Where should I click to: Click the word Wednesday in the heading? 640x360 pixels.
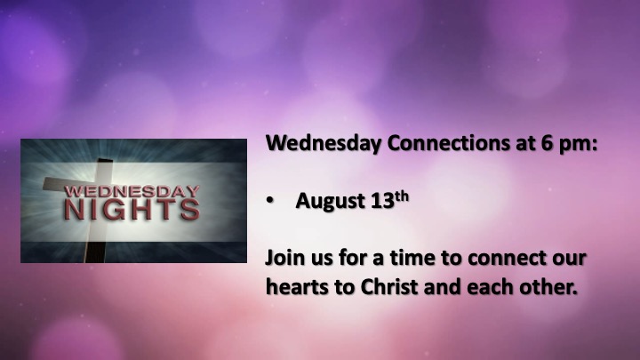click(x=324, y=144)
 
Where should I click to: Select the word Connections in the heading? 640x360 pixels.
click(x=449, y=143)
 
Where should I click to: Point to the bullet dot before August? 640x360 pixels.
click(x=270, y=201)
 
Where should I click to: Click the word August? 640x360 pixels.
click(x=330, y=201)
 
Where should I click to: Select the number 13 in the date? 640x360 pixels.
click(x=382, y=200)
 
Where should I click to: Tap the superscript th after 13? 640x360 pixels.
click(x=402, y=196)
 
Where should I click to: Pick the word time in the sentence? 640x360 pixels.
click(x=410, y=258)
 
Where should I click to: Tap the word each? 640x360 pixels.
click(x=490, y=287)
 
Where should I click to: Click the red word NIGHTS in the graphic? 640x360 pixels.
click(x=132, y=210)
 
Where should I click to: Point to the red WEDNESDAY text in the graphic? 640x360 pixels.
click(x=132, y=191)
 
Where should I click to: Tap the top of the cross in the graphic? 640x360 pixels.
click(x=105, y=160)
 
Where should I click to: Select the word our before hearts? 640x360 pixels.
click(x=569, y=260)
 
